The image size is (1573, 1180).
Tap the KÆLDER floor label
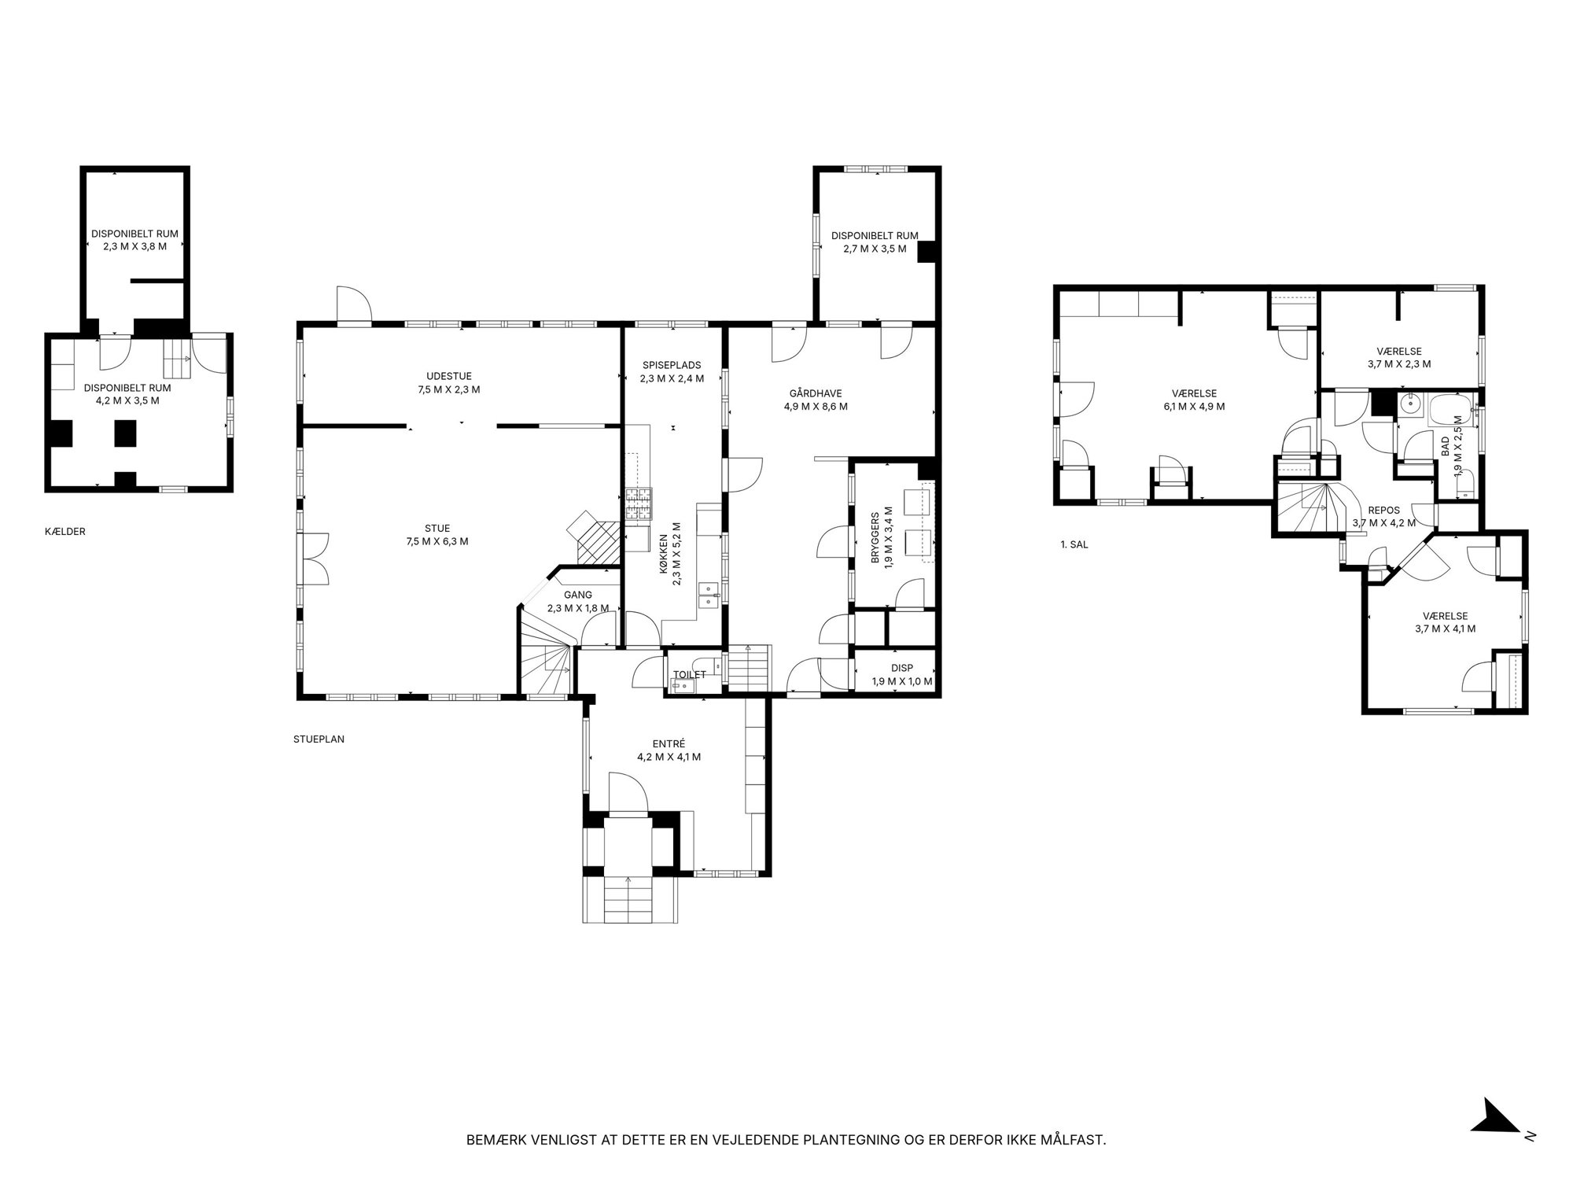pos(65,532)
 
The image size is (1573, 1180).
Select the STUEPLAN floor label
pos(319,739)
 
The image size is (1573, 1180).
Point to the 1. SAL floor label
pos(1074,544)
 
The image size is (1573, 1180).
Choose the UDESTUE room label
pos(449,376)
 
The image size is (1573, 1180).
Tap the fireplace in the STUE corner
pos(595,537)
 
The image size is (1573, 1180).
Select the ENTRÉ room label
pos(669,743)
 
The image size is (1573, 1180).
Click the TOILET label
pos(690,675)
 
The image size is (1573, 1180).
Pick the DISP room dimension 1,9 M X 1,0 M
pos(902,681)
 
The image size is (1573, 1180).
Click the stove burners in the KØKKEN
pos(639,504)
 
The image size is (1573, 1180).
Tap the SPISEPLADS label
pos(672,365)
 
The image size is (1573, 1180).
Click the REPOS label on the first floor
pos(1383,510)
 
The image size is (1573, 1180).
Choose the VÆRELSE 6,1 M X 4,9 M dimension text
pos(1194,407)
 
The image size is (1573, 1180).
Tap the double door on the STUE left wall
pos(313,558)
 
